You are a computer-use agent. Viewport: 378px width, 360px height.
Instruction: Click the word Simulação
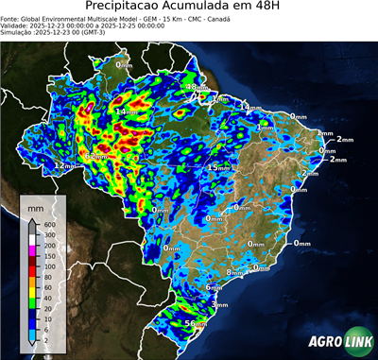(x=20, y=32)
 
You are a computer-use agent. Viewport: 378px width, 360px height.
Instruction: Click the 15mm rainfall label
(x=218, y=167)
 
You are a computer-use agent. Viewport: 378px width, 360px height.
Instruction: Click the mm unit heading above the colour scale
(x=36, y=204)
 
